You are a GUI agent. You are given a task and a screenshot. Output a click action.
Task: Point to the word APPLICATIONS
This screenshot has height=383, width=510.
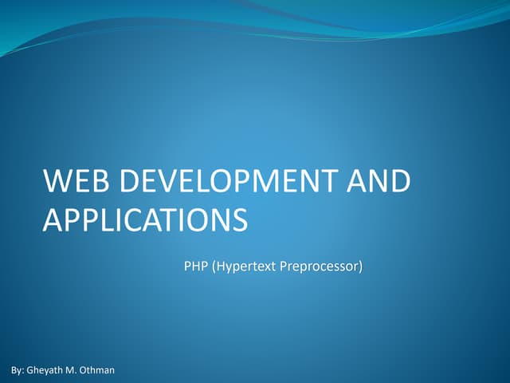pos(144,219)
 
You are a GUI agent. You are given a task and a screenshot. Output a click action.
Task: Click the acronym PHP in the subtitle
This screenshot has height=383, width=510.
pos(195,266)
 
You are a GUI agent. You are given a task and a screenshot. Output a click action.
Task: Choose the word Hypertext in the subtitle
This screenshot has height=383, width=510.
pos(244,266)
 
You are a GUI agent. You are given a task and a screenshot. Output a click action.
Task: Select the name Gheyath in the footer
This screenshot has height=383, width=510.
pos(47,371)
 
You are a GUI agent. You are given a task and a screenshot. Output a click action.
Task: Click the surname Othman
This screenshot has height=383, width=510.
pos(101,371)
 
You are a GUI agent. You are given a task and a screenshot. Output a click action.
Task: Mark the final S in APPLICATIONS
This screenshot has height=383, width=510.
pos(238,219)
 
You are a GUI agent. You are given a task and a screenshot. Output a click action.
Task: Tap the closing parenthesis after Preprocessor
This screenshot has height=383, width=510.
pos(359,266)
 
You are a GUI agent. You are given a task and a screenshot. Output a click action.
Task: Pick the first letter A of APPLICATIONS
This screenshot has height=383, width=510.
pos(53,219)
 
